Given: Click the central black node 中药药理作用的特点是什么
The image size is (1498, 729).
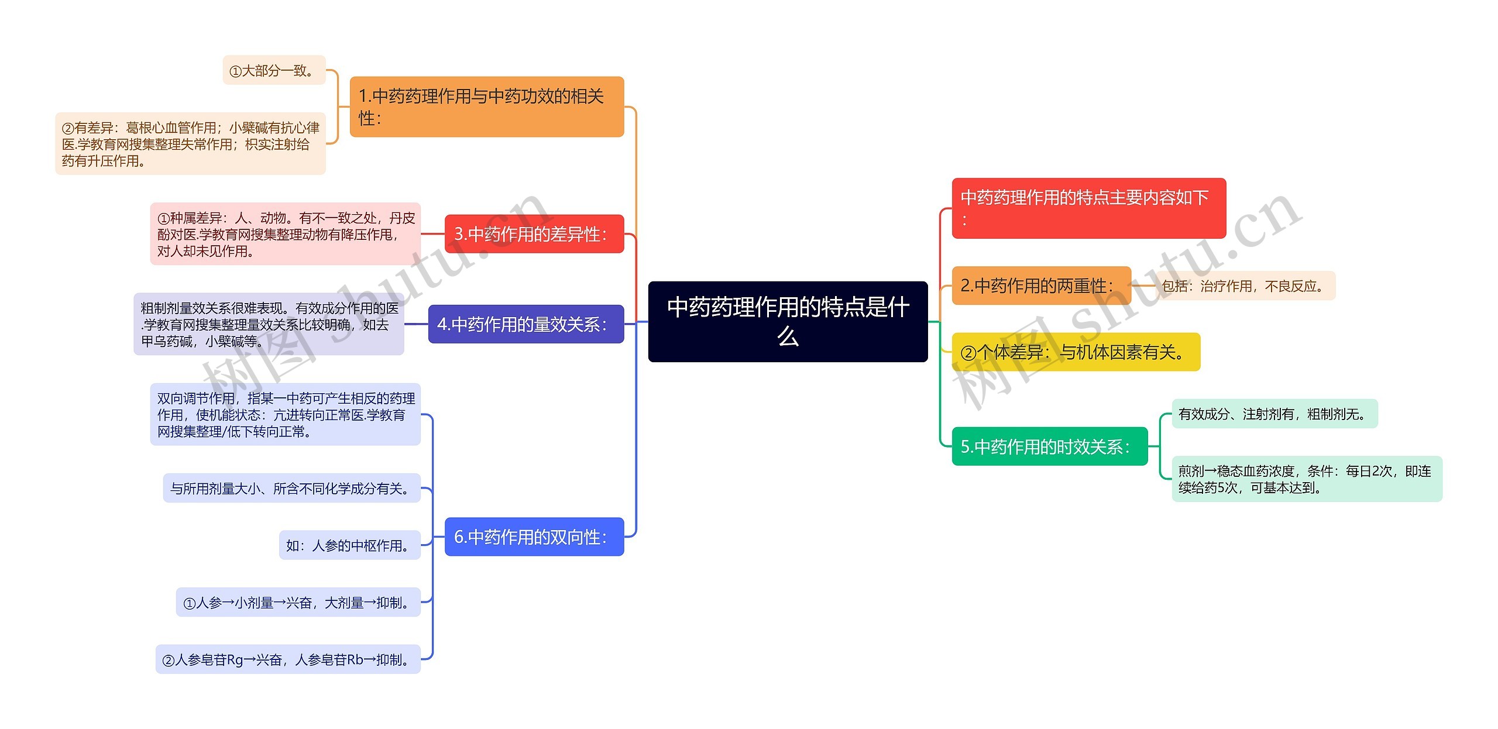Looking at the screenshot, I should [x=788, y=321].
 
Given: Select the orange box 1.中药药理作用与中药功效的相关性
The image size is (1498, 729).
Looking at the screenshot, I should [x=486, y=106].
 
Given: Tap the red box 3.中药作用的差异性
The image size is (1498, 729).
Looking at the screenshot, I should [x=534, y=234].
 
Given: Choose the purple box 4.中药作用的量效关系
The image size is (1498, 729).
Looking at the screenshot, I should [x=525, y=324].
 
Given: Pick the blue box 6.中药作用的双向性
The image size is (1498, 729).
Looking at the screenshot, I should [x=534, y=537].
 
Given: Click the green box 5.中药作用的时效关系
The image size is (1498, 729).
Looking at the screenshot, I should [x=1049, y=446].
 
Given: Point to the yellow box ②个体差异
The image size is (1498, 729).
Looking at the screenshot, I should [x=1076, y=352].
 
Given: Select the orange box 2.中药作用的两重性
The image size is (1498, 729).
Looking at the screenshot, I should [x=1041, y=286].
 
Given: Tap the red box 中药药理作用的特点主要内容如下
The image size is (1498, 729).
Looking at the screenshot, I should [x=1088, y=208].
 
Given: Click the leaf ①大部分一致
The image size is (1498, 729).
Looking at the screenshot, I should [x=274, y=70].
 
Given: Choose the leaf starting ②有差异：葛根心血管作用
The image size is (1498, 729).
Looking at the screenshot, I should [x=190, y=144].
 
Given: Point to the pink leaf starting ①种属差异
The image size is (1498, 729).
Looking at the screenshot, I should [x=285, y=234].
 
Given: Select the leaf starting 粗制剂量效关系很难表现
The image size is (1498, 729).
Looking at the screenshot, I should [x=269, y=324].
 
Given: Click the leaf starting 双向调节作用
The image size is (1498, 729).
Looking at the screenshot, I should [x=285, y=414].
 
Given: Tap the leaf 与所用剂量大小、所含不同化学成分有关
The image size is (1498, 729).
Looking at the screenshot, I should [x=291, y=488].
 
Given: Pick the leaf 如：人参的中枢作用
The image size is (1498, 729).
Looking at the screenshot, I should [x=349, y=545].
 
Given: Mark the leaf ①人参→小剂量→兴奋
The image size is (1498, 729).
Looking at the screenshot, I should [x=298, y=602].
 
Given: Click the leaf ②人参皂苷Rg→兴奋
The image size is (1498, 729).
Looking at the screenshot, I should [x=288, y=659].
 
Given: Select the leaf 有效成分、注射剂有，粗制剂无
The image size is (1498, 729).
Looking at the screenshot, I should [x=1274, y=414].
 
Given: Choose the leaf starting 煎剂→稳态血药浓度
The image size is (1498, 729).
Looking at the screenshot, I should [x=1307, y=479].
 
